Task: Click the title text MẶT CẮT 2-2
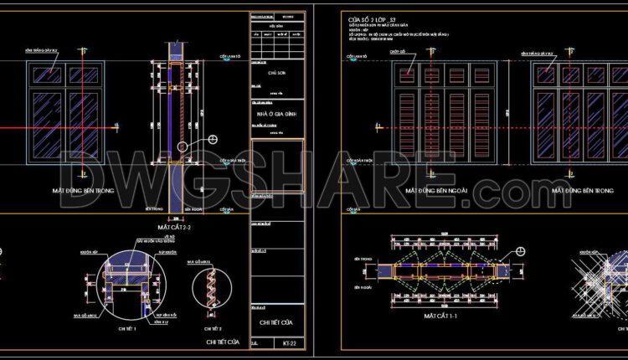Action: (175, 227)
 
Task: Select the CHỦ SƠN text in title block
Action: (276, 73)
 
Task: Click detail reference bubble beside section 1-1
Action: (520, 251)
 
